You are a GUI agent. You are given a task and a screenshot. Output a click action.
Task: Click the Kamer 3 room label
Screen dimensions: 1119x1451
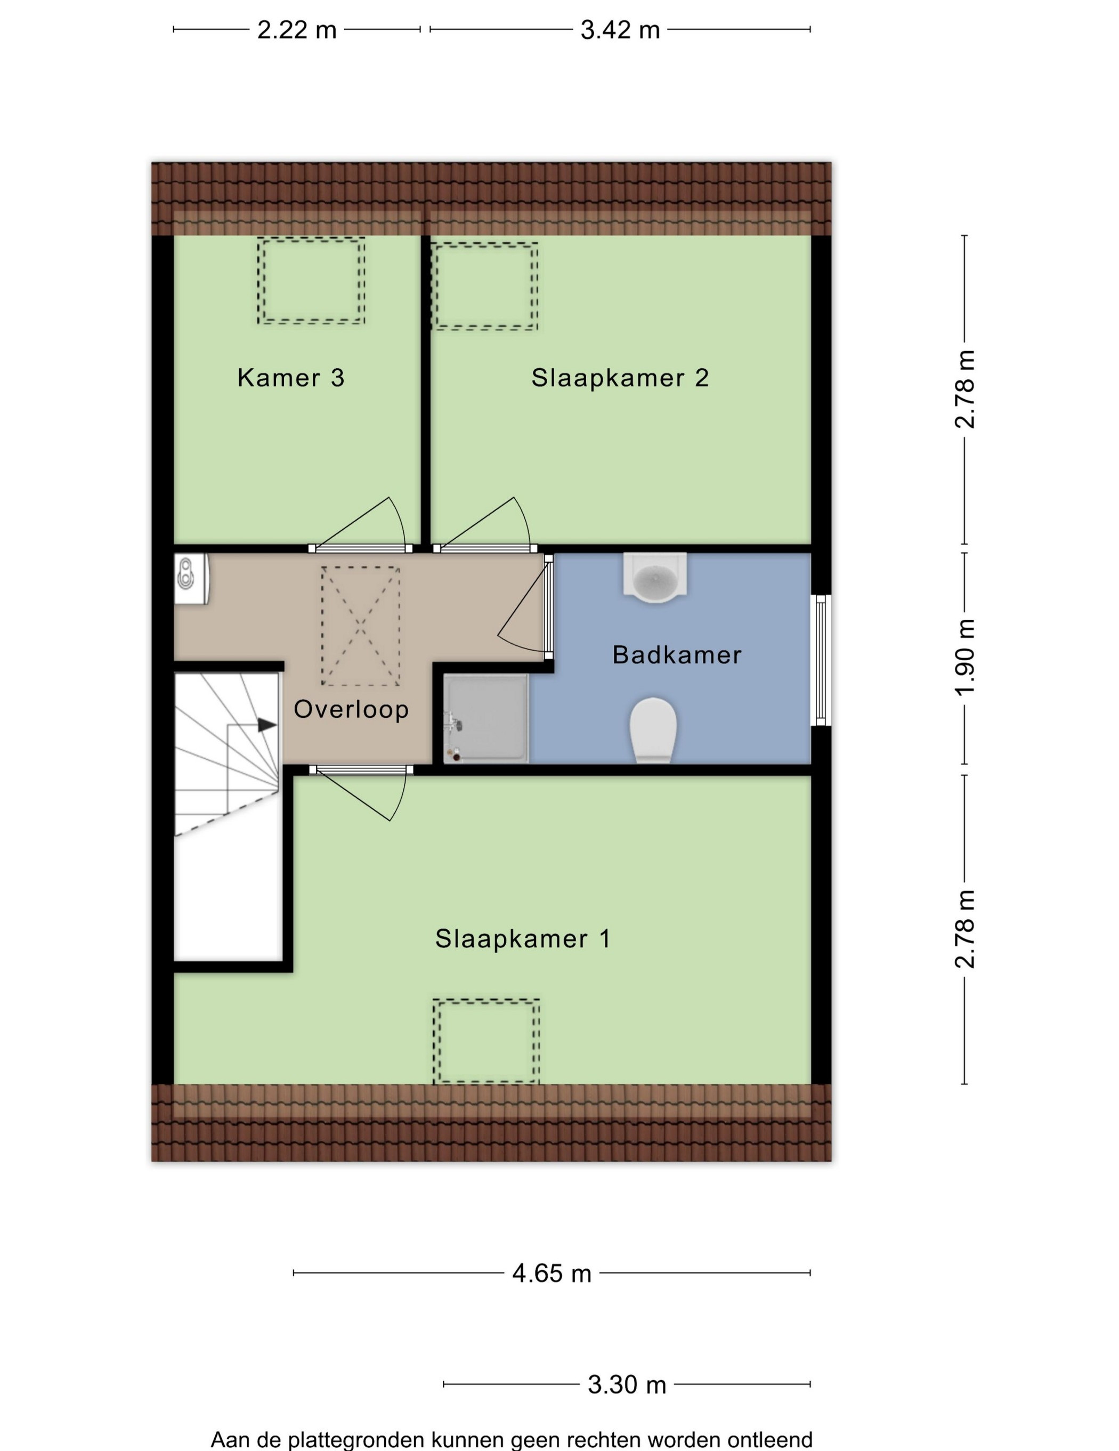[x=291, y=378]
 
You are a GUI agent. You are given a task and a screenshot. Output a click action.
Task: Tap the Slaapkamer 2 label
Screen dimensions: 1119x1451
[x=620, y=378]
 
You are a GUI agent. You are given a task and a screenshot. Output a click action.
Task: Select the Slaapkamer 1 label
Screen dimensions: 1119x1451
[x=523, y=939]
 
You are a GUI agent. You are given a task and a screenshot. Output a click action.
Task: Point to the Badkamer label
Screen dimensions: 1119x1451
[x=676, y=655]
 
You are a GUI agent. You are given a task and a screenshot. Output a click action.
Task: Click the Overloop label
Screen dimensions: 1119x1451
[x=351, y=710]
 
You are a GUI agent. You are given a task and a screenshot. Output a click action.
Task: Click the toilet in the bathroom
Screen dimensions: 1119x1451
[x=653, y=730]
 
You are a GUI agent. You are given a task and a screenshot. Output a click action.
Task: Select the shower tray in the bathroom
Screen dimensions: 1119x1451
[x=487, y=718]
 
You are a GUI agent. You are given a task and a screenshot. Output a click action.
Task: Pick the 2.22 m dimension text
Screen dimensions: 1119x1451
[x=297, y=30]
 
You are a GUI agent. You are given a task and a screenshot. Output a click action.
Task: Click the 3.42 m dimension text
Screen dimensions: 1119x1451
[x=620, y=30]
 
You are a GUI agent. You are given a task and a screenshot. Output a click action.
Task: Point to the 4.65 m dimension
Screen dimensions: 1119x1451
[x=552, y=1273]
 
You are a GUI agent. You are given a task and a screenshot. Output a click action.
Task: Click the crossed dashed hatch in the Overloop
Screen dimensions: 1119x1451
[x=360, y=626]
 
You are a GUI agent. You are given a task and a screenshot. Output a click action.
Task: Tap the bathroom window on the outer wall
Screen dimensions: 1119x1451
[x=821, y=660]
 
